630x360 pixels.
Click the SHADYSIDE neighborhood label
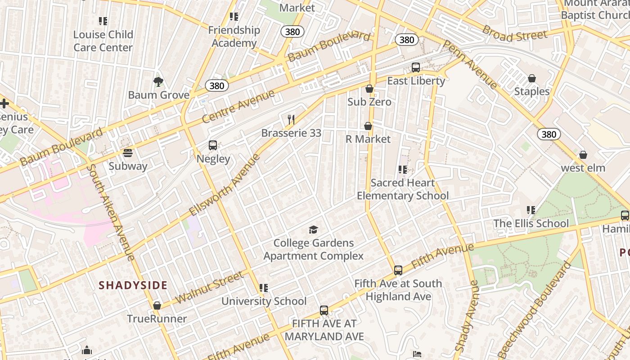133,285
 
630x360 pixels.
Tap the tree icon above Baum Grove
158,82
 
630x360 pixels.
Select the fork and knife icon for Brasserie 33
291,120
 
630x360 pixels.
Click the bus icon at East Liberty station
416,67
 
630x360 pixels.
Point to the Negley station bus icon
213,145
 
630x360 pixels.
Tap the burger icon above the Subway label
128,153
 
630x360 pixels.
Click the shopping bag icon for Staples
532,78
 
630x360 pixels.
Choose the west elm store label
583,168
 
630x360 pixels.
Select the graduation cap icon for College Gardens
313,230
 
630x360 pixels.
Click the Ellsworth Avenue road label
225,184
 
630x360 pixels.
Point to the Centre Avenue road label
238,107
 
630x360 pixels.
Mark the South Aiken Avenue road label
110,212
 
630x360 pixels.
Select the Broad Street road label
515,33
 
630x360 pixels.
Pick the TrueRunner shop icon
157,306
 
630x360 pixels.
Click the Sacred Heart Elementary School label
403,189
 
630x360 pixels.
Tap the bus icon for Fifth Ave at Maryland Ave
324,310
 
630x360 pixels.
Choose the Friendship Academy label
234,36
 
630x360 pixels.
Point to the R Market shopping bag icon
368,126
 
